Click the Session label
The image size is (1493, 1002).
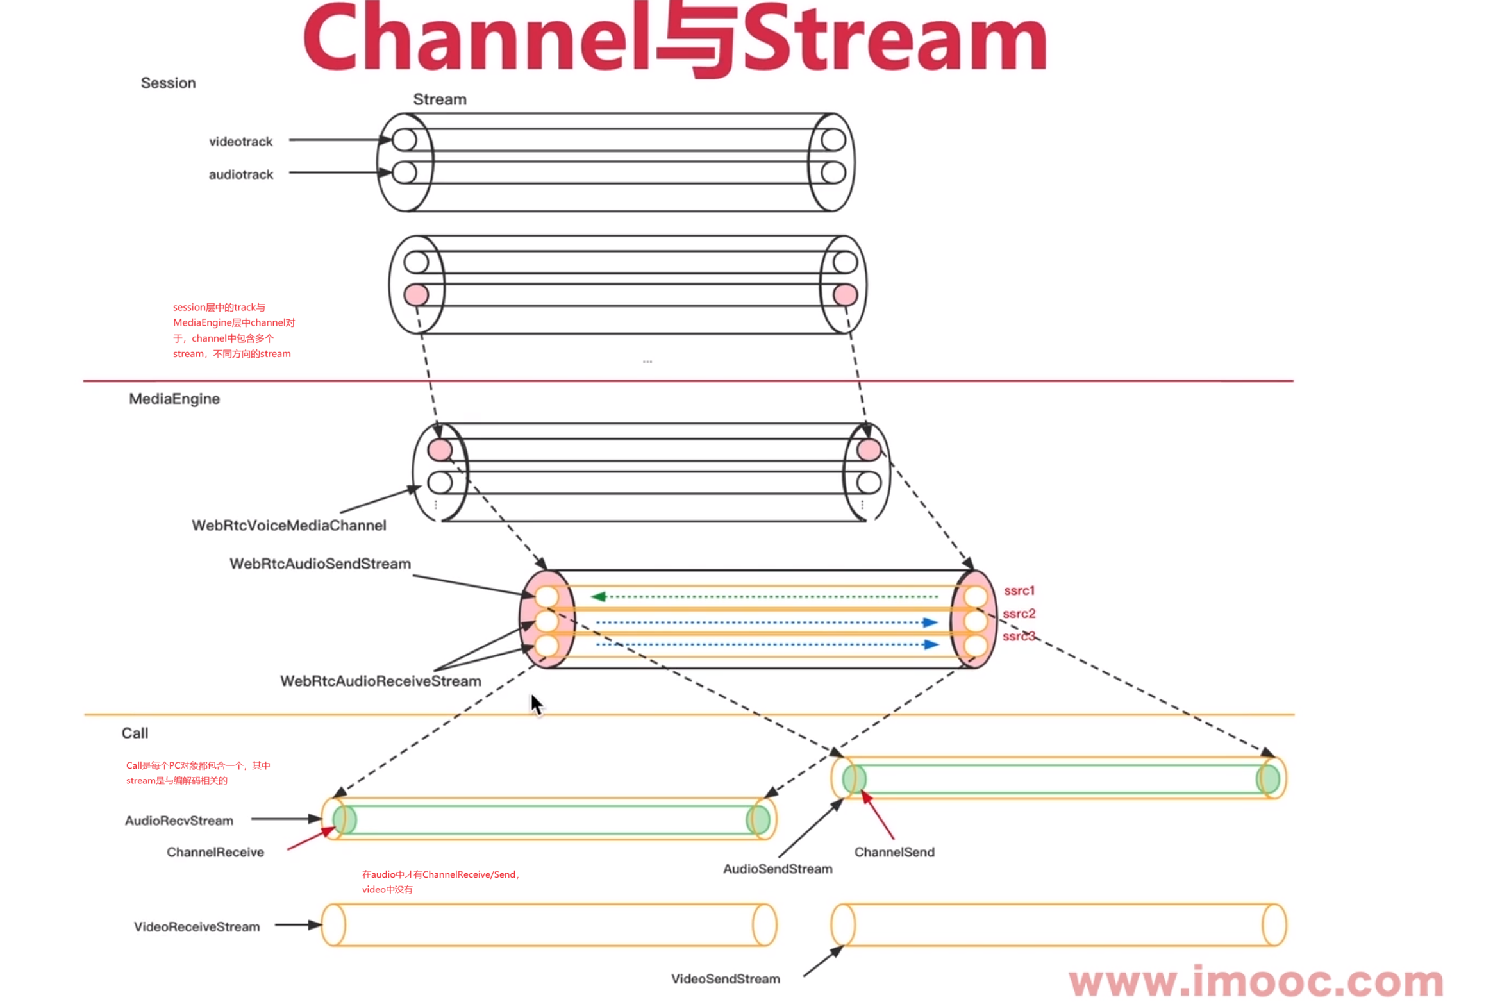168,83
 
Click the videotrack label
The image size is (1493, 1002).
240,141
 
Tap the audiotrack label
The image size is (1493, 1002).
240,174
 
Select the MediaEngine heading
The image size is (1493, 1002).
174,398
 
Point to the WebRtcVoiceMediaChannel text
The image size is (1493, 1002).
288,524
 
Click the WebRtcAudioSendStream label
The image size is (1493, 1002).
320,563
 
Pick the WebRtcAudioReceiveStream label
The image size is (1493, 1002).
380,680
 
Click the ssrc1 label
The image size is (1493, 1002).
1018,590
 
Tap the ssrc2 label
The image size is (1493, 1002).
1018,613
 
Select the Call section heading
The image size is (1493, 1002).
135,732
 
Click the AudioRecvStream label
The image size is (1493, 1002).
179,820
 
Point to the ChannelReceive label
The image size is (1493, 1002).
215,851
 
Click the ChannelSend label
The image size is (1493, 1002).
894,851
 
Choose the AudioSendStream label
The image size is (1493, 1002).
777,868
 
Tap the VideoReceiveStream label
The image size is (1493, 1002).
197,926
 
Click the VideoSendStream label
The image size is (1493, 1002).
725,978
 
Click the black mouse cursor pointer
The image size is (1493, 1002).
535,704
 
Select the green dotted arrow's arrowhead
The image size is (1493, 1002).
598,596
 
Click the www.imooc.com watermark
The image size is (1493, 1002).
1255,981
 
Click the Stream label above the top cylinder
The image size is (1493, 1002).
439,99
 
